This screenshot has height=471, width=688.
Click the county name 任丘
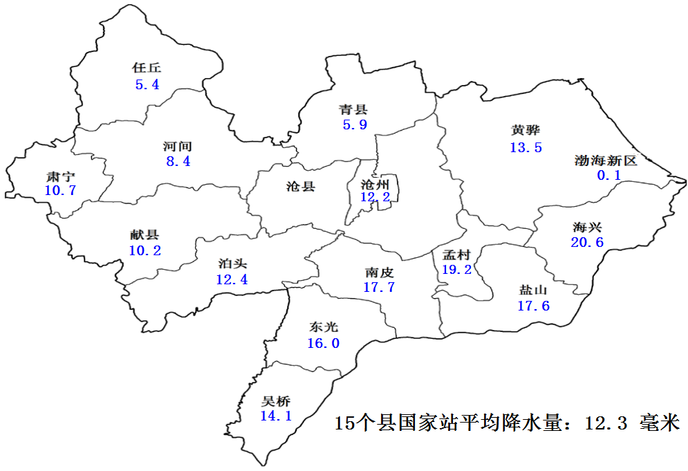point(147,68)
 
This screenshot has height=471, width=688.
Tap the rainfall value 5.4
point(147,85)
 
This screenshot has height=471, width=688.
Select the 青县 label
point(353,109)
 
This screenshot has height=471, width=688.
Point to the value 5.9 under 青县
point(354,125)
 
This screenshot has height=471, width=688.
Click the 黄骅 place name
point(526,130)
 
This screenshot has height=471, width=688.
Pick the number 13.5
point(526,147)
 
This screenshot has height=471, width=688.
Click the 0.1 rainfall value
point(608,176)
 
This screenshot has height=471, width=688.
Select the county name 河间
point(178,146)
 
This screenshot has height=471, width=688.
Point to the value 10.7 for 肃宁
point(60,191)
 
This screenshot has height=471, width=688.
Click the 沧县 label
point(300,186)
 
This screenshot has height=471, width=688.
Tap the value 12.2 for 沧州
point(375,198)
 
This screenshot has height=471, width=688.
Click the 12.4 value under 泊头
point(231,280)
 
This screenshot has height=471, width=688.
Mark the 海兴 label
point(587,227)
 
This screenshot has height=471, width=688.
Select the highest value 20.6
point(587,243)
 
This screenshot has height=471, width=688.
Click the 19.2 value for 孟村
point(456,270)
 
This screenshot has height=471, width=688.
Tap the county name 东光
point(324,327)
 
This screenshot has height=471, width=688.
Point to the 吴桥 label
point(276,401)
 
